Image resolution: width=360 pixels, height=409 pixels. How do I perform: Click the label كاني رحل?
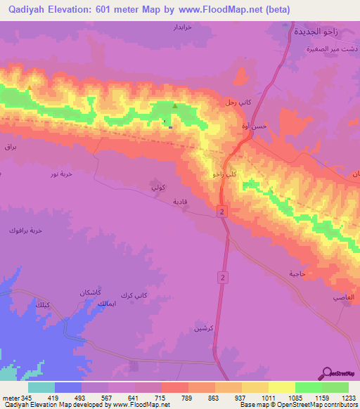(238, 103)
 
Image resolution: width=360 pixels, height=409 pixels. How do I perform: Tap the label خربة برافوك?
(26, 230)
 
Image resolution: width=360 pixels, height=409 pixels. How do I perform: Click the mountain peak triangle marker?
(175, 106)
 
